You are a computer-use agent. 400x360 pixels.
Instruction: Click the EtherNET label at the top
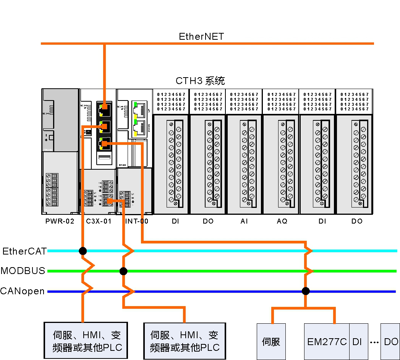201,37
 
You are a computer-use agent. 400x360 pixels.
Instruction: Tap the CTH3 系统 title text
200,81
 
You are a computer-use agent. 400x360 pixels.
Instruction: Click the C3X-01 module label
99,221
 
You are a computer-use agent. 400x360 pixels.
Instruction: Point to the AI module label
244,221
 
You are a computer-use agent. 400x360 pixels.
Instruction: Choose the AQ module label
282,221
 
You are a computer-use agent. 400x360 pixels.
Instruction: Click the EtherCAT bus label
24,251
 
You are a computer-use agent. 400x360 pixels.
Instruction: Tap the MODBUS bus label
23,271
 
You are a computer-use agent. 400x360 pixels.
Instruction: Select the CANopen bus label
22,291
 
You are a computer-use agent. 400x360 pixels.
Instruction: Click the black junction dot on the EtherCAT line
83,251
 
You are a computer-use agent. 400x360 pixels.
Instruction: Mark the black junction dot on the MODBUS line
123,271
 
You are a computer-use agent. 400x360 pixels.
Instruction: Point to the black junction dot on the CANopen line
305,291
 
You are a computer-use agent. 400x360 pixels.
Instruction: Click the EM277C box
327,342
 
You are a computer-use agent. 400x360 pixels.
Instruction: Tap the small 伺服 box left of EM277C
271,342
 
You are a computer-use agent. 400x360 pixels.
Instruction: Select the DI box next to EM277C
358,342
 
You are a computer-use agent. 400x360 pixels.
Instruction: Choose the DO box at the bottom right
390,342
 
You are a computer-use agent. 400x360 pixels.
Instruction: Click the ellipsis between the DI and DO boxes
374,342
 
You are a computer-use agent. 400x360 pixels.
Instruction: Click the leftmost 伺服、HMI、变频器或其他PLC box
86,341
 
